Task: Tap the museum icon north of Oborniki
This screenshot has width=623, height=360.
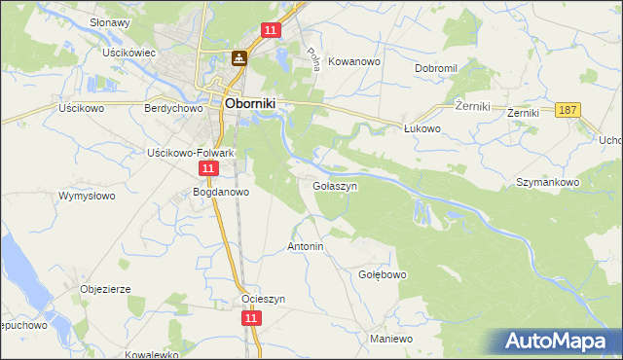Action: coord(238,58)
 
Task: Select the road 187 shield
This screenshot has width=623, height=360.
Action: coord(569,111)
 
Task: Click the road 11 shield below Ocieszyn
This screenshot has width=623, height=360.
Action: coord(252,317)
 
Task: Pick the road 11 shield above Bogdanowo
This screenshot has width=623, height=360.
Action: coord(207,168)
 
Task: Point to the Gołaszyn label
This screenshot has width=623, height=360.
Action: coord(336,185)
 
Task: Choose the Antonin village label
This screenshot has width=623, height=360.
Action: coord(305,247)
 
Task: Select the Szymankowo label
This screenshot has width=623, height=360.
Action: coord(548,182)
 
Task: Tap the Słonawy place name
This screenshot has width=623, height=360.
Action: coord(110,21)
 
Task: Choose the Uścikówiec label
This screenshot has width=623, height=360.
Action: coord(130,53)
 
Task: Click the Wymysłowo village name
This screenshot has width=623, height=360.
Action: coord(87,197)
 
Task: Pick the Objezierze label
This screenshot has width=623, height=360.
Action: coord(105,289)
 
